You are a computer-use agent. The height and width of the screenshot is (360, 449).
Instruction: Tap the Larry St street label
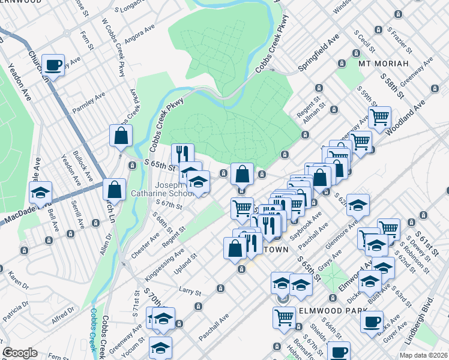189,292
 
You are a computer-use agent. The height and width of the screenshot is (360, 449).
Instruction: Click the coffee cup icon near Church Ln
54,65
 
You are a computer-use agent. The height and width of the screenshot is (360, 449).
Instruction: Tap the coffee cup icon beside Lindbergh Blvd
372,321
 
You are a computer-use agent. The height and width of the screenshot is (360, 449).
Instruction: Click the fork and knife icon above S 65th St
183,154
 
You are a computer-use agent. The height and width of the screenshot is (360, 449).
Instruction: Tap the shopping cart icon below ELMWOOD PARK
285,317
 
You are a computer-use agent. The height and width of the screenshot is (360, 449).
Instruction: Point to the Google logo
20,353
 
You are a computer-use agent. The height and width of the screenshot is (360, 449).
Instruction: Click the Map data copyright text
423,355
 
